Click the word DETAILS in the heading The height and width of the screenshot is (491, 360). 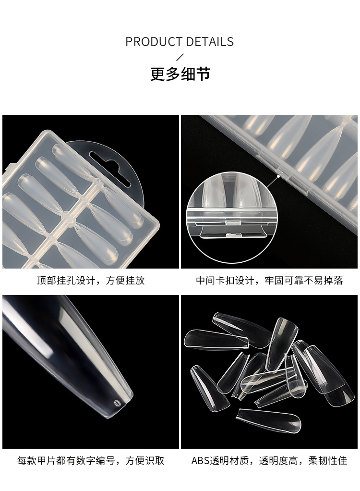(211, 42)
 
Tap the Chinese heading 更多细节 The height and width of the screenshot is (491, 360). (180, 74)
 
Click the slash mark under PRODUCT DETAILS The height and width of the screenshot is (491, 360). (180, 58)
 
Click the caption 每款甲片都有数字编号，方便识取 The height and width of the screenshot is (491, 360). (91, 461)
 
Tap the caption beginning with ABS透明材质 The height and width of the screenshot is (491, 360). (269, 461)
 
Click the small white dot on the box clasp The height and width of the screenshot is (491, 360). (279, 176)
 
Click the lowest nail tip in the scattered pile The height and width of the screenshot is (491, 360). (269, 420)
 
